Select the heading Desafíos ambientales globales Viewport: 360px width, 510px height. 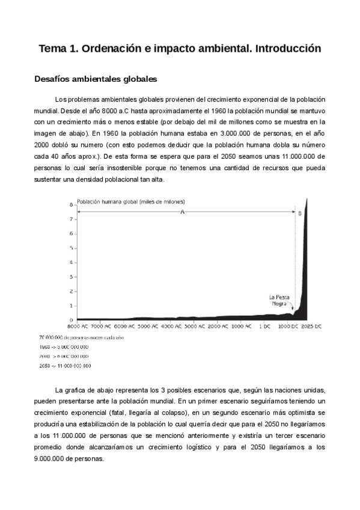coord(96,79)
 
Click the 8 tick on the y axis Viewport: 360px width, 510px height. coord(71,204)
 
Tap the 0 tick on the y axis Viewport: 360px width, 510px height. coord(71,320)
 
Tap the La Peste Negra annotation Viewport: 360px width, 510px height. coord(279,300)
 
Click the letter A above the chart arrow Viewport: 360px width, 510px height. coord(182,212)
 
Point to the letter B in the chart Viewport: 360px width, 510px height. coord(300,213)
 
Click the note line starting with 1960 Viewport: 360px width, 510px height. coord(64,347)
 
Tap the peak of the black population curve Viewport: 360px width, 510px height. coord(307,200)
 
